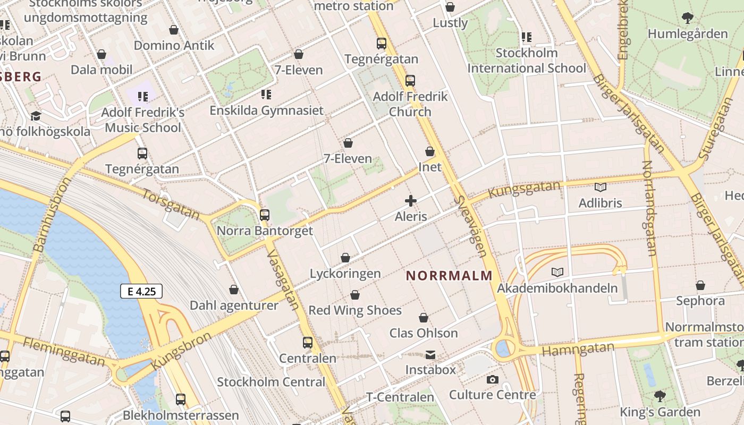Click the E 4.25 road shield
coord(141,291)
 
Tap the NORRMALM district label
coord(449,276)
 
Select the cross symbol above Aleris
coord(410,201)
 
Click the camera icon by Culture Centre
coord(492,379)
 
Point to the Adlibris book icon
coord(600,187)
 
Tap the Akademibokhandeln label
coord(557,288)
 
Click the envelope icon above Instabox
coord(430,354)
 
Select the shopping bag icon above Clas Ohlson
coord(424,318)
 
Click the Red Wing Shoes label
coord(355,310)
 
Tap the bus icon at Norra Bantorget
coord(264,215)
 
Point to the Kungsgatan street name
coord(524,189)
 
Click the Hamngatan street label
coord(578,349)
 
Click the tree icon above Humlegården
coord(687,18)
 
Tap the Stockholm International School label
coord(526,61)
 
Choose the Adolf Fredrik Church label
coord(410,104)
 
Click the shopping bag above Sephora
coord(700,285)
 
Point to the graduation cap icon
coord(36,116)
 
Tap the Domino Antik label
coord(174,45)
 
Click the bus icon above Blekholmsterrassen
coord(181,399)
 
